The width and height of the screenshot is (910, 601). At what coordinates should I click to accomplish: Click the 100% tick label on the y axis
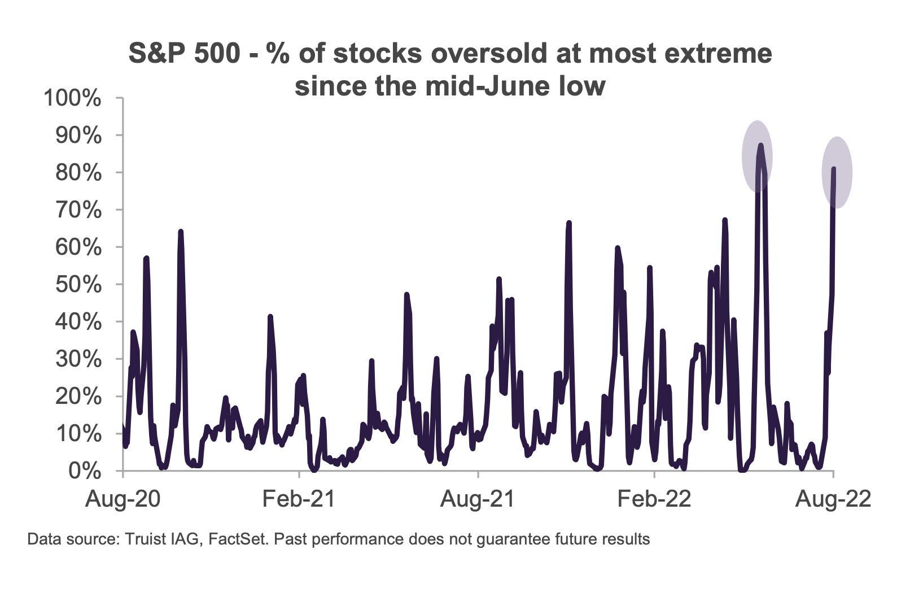click(x=72, y=98)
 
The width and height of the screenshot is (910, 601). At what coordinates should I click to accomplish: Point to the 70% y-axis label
click(x=78, y=210)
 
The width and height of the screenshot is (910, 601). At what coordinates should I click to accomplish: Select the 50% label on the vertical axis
click(x=78, y=285)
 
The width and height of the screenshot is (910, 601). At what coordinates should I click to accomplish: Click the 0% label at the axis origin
click(x=85, y=471)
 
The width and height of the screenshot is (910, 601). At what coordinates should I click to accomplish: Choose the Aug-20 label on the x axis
click(x=123, y=499)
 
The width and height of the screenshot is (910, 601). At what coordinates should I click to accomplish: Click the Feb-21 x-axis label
click(x=299, y=499)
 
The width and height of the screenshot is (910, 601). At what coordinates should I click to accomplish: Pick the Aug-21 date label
click(x=478, y=499)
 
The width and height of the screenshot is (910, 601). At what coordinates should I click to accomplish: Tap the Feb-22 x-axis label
click(x=654, y=499)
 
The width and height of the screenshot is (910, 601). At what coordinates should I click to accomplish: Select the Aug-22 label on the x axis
click(x=833, y=499)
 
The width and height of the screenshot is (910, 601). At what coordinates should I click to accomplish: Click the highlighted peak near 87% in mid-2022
click(x=760, y=145)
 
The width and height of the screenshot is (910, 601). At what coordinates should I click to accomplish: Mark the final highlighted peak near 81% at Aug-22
click(x=834, y=168)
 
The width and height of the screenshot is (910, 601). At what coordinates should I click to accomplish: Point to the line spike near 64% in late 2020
click(x=181, y=232)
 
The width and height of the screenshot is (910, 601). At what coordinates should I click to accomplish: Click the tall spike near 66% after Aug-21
click(x=569, y=223)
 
